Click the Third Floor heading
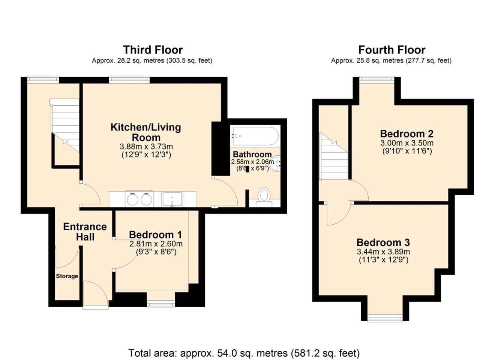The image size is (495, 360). tap(153, 50)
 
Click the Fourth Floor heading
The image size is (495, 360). tap(391, 50)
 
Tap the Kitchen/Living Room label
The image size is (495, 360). tap(145, 132)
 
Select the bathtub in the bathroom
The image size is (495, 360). tap(255, 136)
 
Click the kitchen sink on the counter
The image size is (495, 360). tap(172, 199)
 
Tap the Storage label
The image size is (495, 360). tap(67, 276)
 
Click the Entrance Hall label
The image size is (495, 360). tap(85, 232)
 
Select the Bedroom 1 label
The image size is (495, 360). tap(155, 235)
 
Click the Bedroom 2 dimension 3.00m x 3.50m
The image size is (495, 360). tap(406, 143)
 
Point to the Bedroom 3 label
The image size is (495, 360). tap(383, 242)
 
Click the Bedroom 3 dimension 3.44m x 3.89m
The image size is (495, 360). tap(383, 252)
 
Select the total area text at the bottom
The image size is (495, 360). tap(244, 353)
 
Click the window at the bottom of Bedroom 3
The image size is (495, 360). tap(385, 319)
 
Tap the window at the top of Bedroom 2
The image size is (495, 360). tap(376, 79)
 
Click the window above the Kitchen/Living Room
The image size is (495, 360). tap(129, 79)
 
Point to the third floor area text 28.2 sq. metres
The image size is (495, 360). tap(152, 61)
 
